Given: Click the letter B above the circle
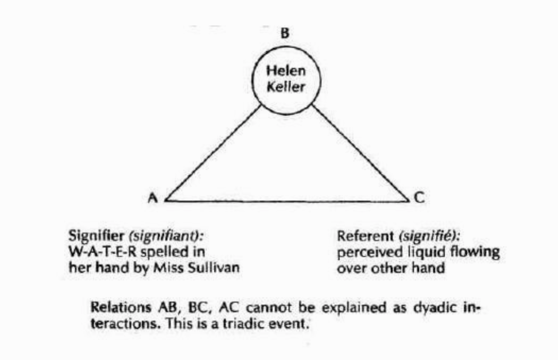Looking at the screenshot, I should click(x=285, y=33).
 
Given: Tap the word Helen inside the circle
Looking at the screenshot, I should click(x=285, y=71).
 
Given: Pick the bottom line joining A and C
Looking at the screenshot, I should click(x=287, y=201).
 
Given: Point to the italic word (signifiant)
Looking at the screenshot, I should click(x=160, y=235).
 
